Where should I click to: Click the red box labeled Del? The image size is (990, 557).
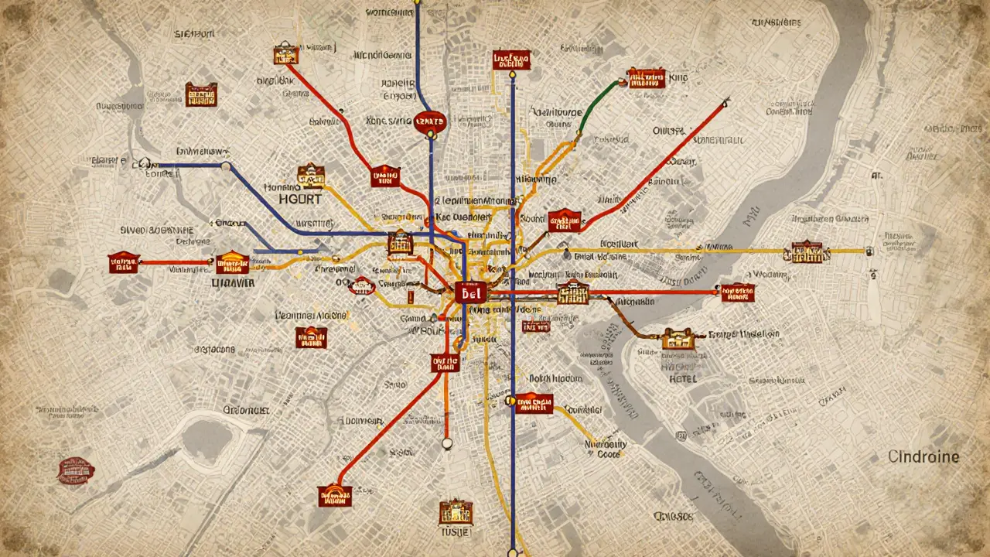tap(469, 292)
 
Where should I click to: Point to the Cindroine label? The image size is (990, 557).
tap(923, 456)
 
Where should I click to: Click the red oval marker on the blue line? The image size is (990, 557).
tap(430, 121)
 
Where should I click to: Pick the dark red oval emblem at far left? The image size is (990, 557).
tap(76, 470)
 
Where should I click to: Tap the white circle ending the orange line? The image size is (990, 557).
tap(445, 443)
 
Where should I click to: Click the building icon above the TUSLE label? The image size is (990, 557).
tap(456, 511)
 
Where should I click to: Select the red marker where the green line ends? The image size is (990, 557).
tap(646, 77)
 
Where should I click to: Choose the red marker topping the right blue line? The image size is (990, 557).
tap(511, 60)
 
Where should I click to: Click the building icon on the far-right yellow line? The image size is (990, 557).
tap(806, 251)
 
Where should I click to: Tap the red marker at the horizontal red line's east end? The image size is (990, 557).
tap(738, 292)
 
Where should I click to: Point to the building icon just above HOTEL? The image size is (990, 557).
tap(678, 338)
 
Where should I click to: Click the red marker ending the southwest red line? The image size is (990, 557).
tap(335, 495)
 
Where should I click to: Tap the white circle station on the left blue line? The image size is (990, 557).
tap(225, 166)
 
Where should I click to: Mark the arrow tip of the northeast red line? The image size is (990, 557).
tap(726, 100)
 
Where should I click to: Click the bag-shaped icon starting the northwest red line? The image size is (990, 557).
tap(285, 53)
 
